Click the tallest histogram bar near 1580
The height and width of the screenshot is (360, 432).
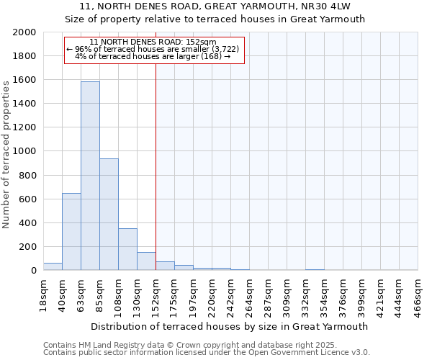click(x=90, y=176)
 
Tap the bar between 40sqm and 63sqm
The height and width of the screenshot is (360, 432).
click(x=71, y=231)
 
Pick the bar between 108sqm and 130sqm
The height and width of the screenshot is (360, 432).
click(x=127, y=249)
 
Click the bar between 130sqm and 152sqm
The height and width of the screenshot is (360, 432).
click(x=146, y=261)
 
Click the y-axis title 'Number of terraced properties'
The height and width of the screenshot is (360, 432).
click(x=6, y=151)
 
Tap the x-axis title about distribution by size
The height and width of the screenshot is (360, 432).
click(x=230, y=326)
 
